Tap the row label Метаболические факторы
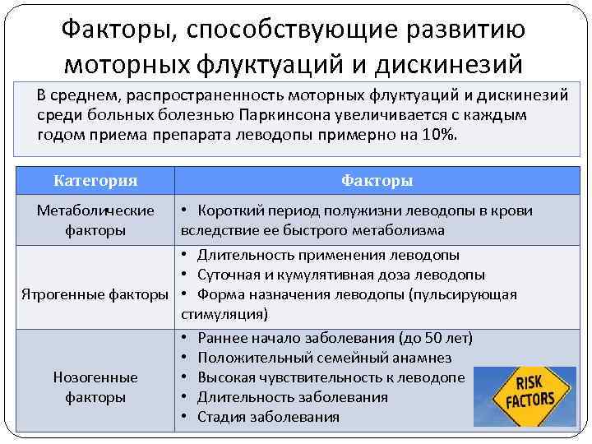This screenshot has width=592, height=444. click(x=95, y=220)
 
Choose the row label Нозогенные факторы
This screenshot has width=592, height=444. click(x=95, y=386)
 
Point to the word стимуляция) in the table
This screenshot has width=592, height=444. click(x=224, y=314)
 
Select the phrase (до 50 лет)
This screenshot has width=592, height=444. click(x=435, y=338)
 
